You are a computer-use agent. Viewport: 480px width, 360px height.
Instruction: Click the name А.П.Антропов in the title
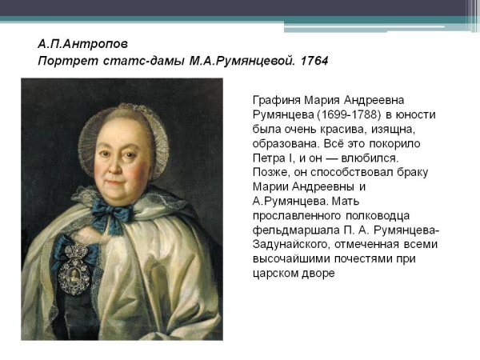tap(82, 43)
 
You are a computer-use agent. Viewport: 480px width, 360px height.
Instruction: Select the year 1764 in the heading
tap(313, 61)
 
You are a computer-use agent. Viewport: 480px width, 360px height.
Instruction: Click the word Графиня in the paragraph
tap(277, 100)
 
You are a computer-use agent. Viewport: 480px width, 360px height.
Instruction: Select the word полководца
tap(379, 215)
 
